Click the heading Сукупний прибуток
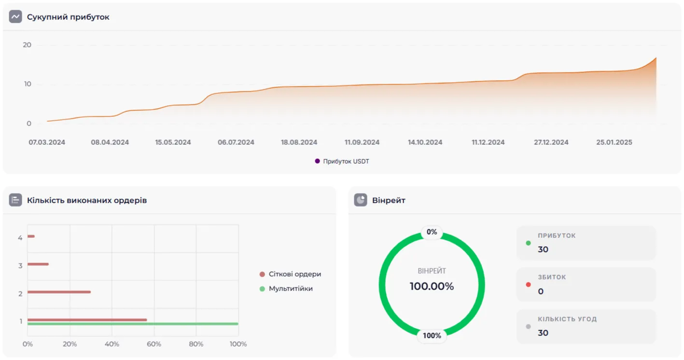[68, 17]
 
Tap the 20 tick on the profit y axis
[27, 45]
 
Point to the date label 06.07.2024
[236, 142]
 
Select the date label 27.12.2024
[551, 142]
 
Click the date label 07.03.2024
[47, 142]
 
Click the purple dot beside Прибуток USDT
[317, 161]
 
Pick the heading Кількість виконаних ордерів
[87, 200]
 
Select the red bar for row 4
[31, 236]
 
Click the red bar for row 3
[38, 264]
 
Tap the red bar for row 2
[59, 292]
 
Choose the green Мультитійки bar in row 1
[133, 324]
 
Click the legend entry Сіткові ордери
[294, 274]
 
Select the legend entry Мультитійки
[291, 289]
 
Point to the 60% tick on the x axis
[154, 344]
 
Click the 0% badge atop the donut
[432, 232]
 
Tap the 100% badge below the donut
[432, 335]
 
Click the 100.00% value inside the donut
[432, 286]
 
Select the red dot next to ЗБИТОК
[528, 284]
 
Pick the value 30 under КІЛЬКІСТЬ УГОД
[543, 332]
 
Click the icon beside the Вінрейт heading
[360, 200]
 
